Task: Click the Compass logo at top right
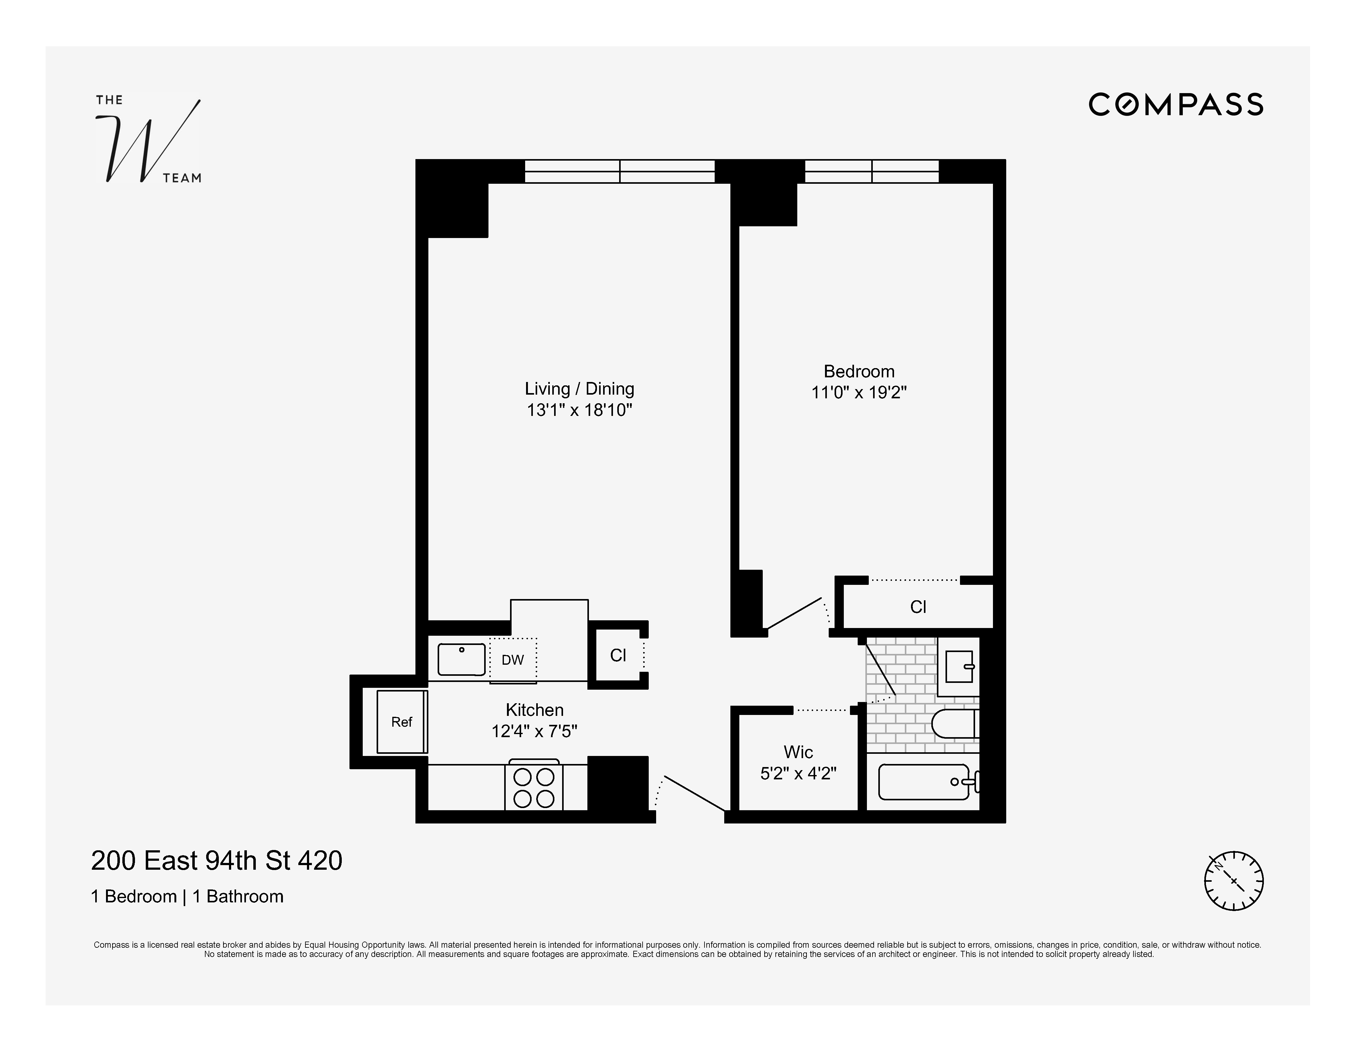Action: pos(1175,104)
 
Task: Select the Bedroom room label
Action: pos(859,372)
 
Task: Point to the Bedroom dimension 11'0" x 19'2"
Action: pos(859,392)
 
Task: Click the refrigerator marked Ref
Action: pos(402,722)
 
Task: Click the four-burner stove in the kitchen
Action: pos(533,787)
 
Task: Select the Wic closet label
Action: pos(798,752)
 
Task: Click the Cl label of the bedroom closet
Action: pos(918,607)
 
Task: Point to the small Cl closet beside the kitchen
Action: pos(618,655)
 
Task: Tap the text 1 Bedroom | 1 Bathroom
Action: pos(187,896)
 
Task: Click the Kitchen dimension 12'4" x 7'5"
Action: pos(534,731)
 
